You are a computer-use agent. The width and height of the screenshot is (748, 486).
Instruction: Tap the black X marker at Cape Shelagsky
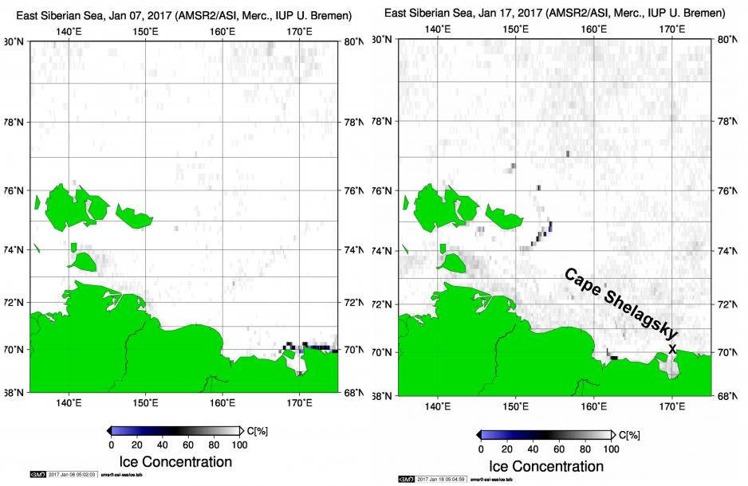click(x=672, y=349)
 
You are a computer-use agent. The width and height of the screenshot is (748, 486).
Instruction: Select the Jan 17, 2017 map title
click(x=553, y=14)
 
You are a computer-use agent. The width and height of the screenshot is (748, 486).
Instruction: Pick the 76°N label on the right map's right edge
click(x=725, y=191)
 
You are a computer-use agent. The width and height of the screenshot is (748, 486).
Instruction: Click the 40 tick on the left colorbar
click(x=163, y=444)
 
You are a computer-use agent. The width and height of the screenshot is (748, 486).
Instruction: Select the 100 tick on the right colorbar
click(x=611, y=449)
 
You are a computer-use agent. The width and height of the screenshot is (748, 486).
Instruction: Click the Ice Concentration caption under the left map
click(x=175, y=461)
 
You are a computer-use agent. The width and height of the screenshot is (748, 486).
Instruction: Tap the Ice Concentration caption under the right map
click(x=545, y=466)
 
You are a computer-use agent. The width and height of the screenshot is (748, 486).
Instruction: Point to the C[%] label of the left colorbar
click(x=257, y=431)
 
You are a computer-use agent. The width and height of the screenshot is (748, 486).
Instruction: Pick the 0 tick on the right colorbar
click(x=481, y=449)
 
